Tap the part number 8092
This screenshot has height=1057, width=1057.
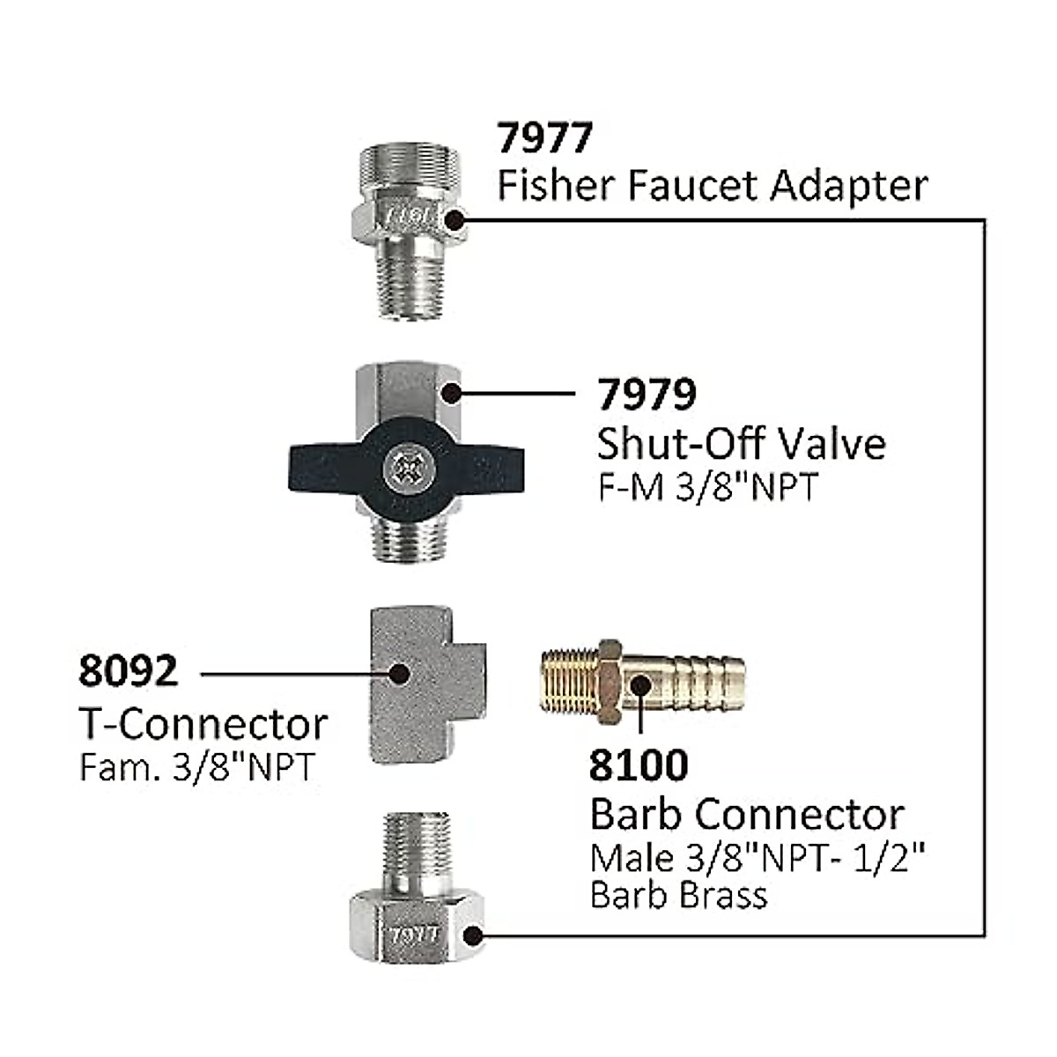point(128,671)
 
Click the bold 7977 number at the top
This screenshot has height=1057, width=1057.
point(545,137)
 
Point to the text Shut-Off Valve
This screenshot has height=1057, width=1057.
point(741,443)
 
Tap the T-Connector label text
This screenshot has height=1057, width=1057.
point(203,724)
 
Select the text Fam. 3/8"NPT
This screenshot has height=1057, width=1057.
point(196,767)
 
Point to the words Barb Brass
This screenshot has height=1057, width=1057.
point(678,895)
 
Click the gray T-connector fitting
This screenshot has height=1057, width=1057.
point(423,683)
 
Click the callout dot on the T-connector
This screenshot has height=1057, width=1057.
point(398,674)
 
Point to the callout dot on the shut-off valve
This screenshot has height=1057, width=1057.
point(452,393)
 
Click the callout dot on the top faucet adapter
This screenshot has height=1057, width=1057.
point(455,220)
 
